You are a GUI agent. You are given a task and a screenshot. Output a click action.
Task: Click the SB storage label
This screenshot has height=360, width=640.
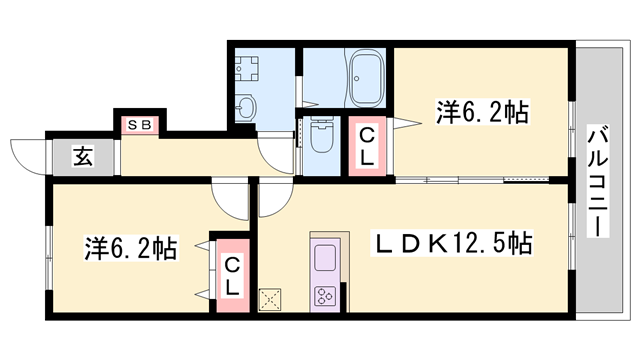click(140, 124)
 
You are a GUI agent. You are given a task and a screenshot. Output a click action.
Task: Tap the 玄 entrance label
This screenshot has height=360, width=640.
click(83, 156)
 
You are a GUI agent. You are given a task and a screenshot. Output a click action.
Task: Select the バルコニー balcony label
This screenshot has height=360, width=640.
click(598, 182)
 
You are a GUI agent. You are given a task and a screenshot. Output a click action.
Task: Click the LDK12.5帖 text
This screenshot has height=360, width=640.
click(451, 244)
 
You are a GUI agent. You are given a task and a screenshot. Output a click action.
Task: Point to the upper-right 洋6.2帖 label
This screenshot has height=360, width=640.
click(482, 112)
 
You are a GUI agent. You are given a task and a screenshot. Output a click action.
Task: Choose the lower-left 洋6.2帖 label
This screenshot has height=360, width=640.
click(131, 248)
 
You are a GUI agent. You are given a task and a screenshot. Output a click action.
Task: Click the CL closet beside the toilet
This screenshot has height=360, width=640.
click(367, 146)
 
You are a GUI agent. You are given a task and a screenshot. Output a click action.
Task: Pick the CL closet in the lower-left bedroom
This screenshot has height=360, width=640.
click(232, 276)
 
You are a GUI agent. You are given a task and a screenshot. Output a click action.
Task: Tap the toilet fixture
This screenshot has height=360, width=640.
click(322, 135)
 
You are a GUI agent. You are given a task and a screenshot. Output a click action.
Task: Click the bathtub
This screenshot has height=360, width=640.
click(367, 78)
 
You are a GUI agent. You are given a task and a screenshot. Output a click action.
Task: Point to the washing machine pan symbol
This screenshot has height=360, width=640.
click(247, 69)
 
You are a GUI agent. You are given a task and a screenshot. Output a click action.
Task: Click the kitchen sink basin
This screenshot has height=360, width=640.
click(325, 258)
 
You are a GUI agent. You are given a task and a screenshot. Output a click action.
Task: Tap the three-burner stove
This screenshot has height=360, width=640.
click(325, 296)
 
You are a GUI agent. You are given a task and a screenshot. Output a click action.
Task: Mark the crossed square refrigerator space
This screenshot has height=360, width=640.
click(270, 300)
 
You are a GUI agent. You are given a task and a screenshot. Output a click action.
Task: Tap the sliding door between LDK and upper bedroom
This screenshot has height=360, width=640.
click(472, 179)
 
